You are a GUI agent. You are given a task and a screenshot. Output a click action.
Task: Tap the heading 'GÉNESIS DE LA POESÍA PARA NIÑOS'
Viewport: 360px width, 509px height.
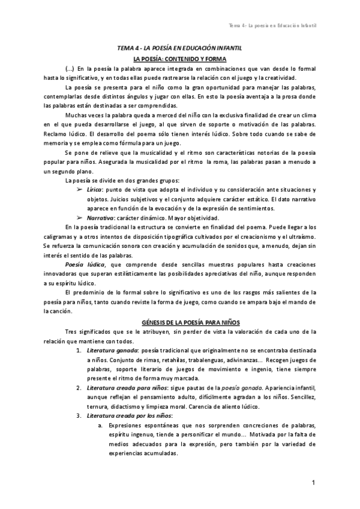[x=179, y=323]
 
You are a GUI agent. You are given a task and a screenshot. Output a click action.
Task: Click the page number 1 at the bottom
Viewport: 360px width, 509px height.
[x=314, y=483]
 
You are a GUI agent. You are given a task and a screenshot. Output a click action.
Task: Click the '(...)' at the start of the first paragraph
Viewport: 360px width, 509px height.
[x=70, y=69]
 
